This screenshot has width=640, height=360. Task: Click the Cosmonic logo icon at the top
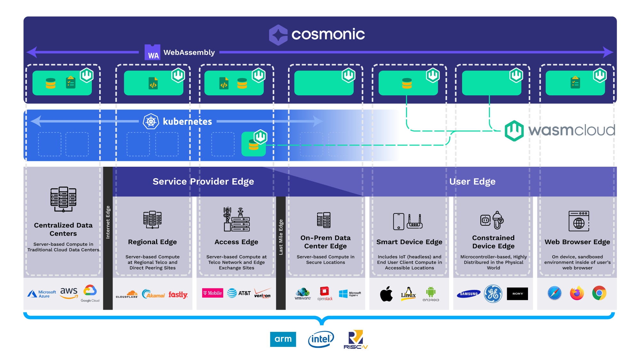click(278, 35)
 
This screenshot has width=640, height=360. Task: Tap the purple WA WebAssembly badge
click(152, 52)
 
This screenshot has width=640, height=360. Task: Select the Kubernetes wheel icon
click(151, 122)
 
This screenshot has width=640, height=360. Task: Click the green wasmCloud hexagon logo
click(514, 131)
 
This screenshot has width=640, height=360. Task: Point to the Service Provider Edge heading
click(203, 181)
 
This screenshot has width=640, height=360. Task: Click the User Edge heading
click(472, 181)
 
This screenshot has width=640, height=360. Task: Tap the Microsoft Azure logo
click(42, 294)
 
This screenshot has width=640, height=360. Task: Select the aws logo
click(69, 292)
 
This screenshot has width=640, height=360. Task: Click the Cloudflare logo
click(127, 294)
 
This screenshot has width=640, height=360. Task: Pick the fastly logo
click(178, 294)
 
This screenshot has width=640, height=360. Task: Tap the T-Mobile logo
click(212, 293)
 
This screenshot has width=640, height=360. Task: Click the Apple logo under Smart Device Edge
click(386, 294)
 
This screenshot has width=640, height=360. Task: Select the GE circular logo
click(493, 294)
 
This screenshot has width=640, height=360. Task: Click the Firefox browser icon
click(577, 293)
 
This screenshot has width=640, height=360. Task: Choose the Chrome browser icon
click(599, 293)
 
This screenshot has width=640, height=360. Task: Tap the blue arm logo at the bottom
click(283, 339)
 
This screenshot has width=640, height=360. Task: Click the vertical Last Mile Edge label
click(281, 237)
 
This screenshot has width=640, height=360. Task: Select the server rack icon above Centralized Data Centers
click(63, 199)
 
